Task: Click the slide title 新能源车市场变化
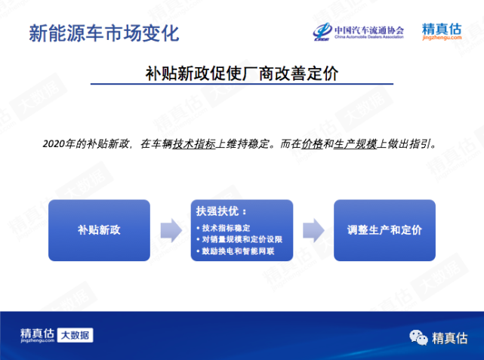click(x=104, y=33)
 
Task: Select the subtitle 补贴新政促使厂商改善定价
click(x=242, y=74)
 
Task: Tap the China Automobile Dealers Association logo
click(x=358, y=32)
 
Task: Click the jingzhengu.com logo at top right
click(x=442, y=32)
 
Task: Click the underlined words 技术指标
click(x=194, y=143)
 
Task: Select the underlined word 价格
click(x=312, y=143)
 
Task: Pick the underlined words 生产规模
click(x=356, y=143)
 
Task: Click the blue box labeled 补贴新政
click(x=99, y=230)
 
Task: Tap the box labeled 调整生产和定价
click(x=384, y=230)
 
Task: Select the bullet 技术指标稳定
click(x=224, y=228)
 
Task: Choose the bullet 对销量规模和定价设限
click(x=239, y=239)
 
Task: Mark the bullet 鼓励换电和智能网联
click(x=236, y=251)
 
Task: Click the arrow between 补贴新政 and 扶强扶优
click(x=171, y=230)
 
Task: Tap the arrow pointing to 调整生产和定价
click(x=313, y=230)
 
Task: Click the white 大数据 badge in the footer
click(x=75, y=335)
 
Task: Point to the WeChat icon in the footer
click(x=418, y=337)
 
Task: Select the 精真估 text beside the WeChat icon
click(x=450, y=338)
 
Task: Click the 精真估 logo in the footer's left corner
click(x=37, y=335)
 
